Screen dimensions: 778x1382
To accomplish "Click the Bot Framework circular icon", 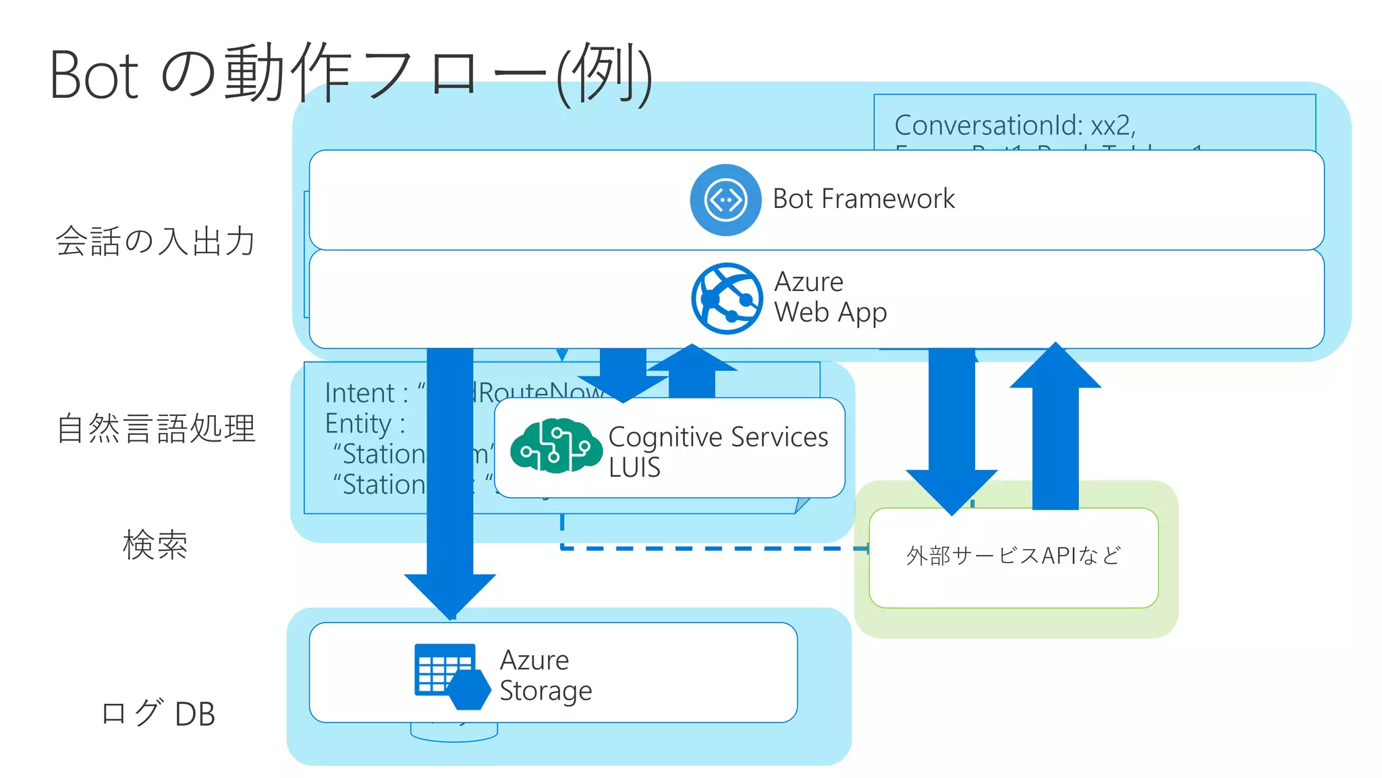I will pyautogui.click(x=725, y=200).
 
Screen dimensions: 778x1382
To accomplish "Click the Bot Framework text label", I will pyautogui.click(x=863, y=199).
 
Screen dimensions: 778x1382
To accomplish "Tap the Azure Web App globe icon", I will pyautogui.click(x=727, y=299).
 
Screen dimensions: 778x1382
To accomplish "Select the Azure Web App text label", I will pyautogui.click(x=830, y=297).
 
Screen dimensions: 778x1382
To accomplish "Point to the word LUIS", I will pyautogui.click(x=634, y=467).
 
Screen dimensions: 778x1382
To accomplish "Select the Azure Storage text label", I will pyautogui.click(x=545, y=675).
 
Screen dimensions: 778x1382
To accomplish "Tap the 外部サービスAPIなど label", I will pyautogui.click(x=1013, y=556).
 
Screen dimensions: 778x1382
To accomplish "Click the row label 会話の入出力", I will pyautogui.click(x=155, y=241).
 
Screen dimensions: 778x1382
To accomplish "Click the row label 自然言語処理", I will pyautogui.click(x=156, y=428).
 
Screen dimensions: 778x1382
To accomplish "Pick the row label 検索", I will pyautogui.click(x=155, y=544).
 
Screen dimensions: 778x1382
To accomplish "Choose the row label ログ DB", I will pyautogui.click(x=158, y=713).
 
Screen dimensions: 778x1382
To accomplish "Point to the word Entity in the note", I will pyautogui.click(x=358, y=424).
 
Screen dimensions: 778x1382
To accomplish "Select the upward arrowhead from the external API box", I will pyautogui.click(x=1055, y=368).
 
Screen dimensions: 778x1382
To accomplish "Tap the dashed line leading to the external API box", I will pyautogui.click(x=709, y=548).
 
